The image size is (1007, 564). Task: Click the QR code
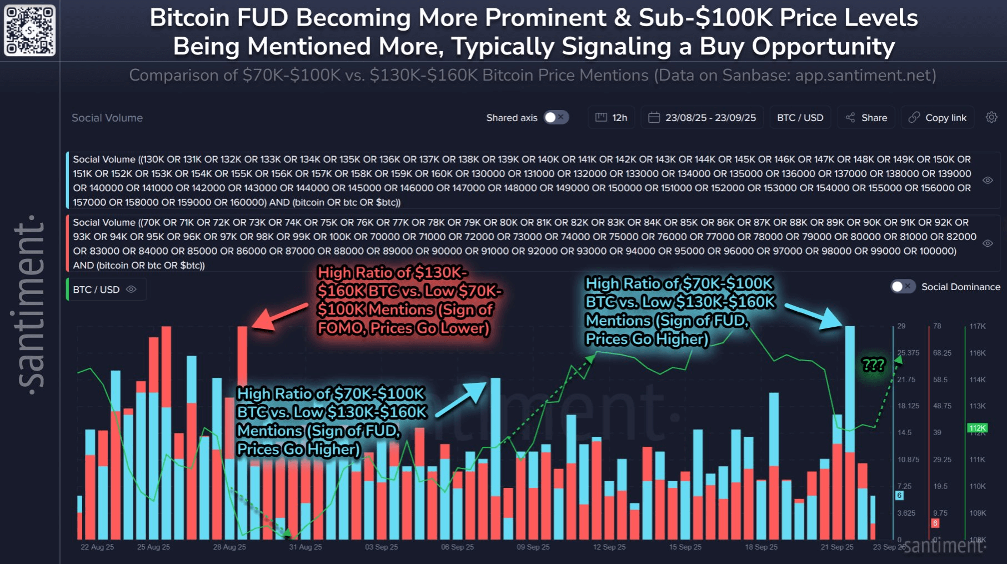[x=30, y=30]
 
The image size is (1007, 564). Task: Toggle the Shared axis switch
[x=555, y=117]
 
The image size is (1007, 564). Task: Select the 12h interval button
[x=612, y=117]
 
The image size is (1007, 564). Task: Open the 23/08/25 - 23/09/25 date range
[x=702, y=117]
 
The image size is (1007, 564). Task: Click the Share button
[x=866, y=117]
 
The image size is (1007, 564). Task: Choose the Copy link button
[x=938, y=117]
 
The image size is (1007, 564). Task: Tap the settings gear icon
[x=991, y=117]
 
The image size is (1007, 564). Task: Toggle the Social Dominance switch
[x=903, y=287]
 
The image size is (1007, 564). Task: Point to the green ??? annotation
[x=873, y=365]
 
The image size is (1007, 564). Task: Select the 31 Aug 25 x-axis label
[x=305, y=547]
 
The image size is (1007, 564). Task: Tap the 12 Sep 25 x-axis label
[x=609, y=547]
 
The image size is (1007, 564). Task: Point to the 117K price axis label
[x=977, y=326]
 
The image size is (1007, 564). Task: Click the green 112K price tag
[x=977, y=428]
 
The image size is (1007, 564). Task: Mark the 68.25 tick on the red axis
[x=942, y=353]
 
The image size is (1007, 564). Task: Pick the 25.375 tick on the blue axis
[x=908, y=353]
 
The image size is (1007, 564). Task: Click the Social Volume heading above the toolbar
[x=107, y=118]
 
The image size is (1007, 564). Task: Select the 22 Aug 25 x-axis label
[x=97, y=547]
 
